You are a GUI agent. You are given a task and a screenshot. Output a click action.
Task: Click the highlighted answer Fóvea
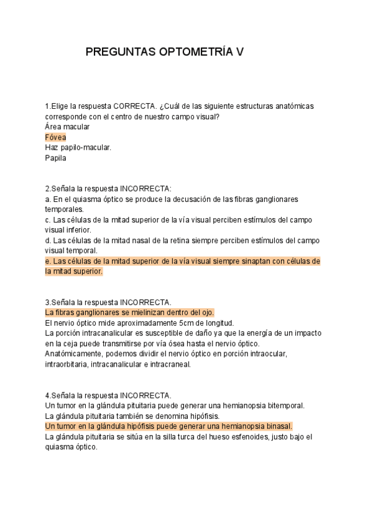pyautogui.click(x=56, y=137)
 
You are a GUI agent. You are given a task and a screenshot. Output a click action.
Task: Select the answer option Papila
pyautogui.click(x=55, y=158)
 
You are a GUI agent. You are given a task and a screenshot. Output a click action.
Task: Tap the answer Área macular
pyautogui.click(x=67, y=127)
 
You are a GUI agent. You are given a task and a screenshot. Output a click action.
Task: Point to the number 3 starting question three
pyautogui.click(x=47, y=302)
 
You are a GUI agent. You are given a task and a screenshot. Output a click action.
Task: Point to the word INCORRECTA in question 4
pyautogui.click(x=145, y=395)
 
